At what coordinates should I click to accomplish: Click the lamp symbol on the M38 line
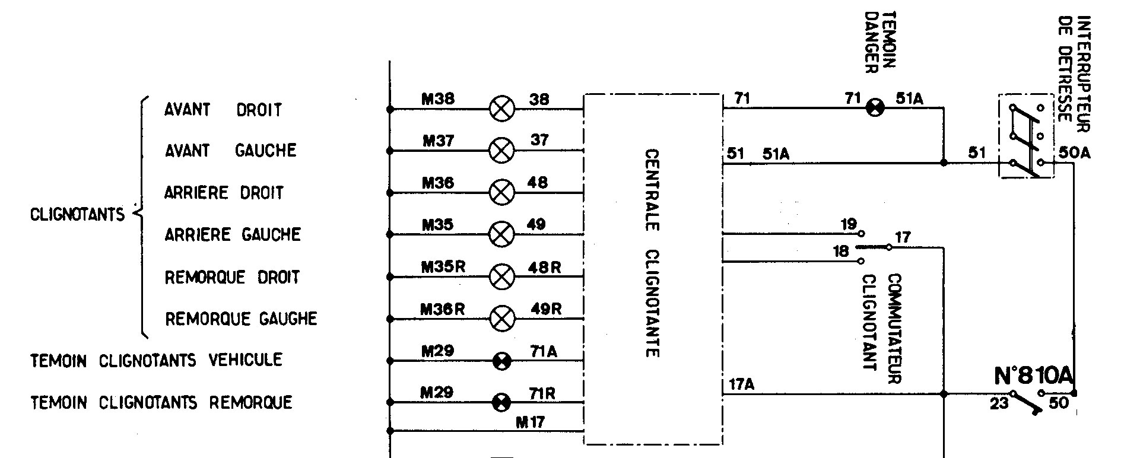(501, 109)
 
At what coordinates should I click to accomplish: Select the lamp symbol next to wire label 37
(501, 151)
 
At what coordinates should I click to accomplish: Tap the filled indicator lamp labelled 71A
(502, 361)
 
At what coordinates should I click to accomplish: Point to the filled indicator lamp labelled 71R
(502, 403)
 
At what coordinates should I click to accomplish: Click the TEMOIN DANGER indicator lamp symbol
(875, 109)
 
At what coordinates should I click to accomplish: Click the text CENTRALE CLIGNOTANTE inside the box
(652, 253)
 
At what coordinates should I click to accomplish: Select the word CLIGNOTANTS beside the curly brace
(77, 214)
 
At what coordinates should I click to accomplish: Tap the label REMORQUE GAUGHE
(241, 319)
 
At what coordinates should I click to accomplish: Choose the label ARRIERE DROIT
(224, 193)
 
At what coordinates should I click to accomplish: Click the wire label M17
(530, 422)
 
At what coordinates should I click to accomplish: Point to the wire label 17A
(741, 385)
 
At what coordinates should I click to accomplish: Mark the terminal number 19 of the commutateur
(849, 224)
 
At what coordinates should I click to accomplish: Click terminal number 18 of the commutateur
(840, 252)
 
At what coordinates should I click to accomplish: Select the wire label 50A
(1075, 153)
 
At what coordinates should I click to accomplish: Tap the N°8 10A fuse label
(1034, 376)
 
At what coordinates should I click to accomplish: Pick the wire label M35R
(443, 267)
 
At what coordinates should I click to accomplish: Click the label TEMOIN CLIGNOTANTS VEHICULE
(156, 360)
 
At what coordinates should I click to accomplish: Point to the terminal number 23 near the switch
(999, 404)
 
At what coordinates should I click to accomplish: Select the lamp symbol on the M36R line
(502, 319)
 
